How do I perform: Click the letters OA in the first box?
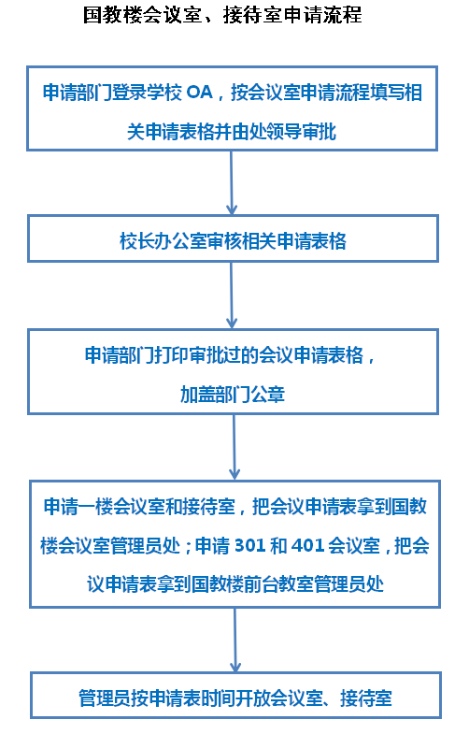[x=200, y=93]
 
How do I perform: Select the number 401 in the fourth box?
[x=308, y=546]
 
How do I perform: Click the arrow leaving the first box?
[x=232, y=182]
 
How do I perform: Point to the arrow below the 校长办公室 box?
[x=232, y=295]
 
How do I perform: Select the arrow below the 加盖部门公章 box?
[x=234, y=447]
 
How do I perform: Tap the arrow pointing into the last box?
[x=235, y=640]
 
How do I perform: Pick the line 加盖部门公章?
[x=233, y=395]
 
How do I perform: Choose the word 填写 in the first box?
[x=388, y=93]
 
